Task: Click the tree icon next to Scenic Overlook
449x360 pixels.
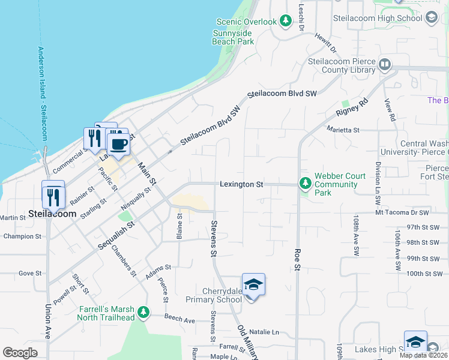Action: (286, 21)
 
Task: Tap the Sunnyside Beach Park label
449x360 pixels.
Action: (233, 37)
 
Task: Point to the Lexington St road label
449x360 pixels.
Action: (241, 184)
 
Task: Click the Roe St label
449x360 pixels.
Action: (297, 259)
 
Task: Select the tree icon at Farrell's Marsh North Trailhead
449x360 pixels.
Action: (143, 312)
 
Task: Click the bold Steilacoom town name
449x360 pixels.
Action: (52, 214)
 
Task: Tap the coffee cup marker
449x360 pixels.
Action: (118, 144)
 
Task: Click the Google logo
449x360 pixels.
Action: (20, 353)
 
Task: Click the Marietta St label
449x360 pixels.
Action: (343, 129)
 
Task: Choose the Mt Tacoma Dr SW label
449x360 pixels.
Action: (402, 212)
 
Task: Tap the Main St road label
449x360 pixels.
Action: (147, 173)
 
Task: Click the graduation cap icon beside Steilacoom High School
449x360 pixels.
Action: (431, 18)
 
